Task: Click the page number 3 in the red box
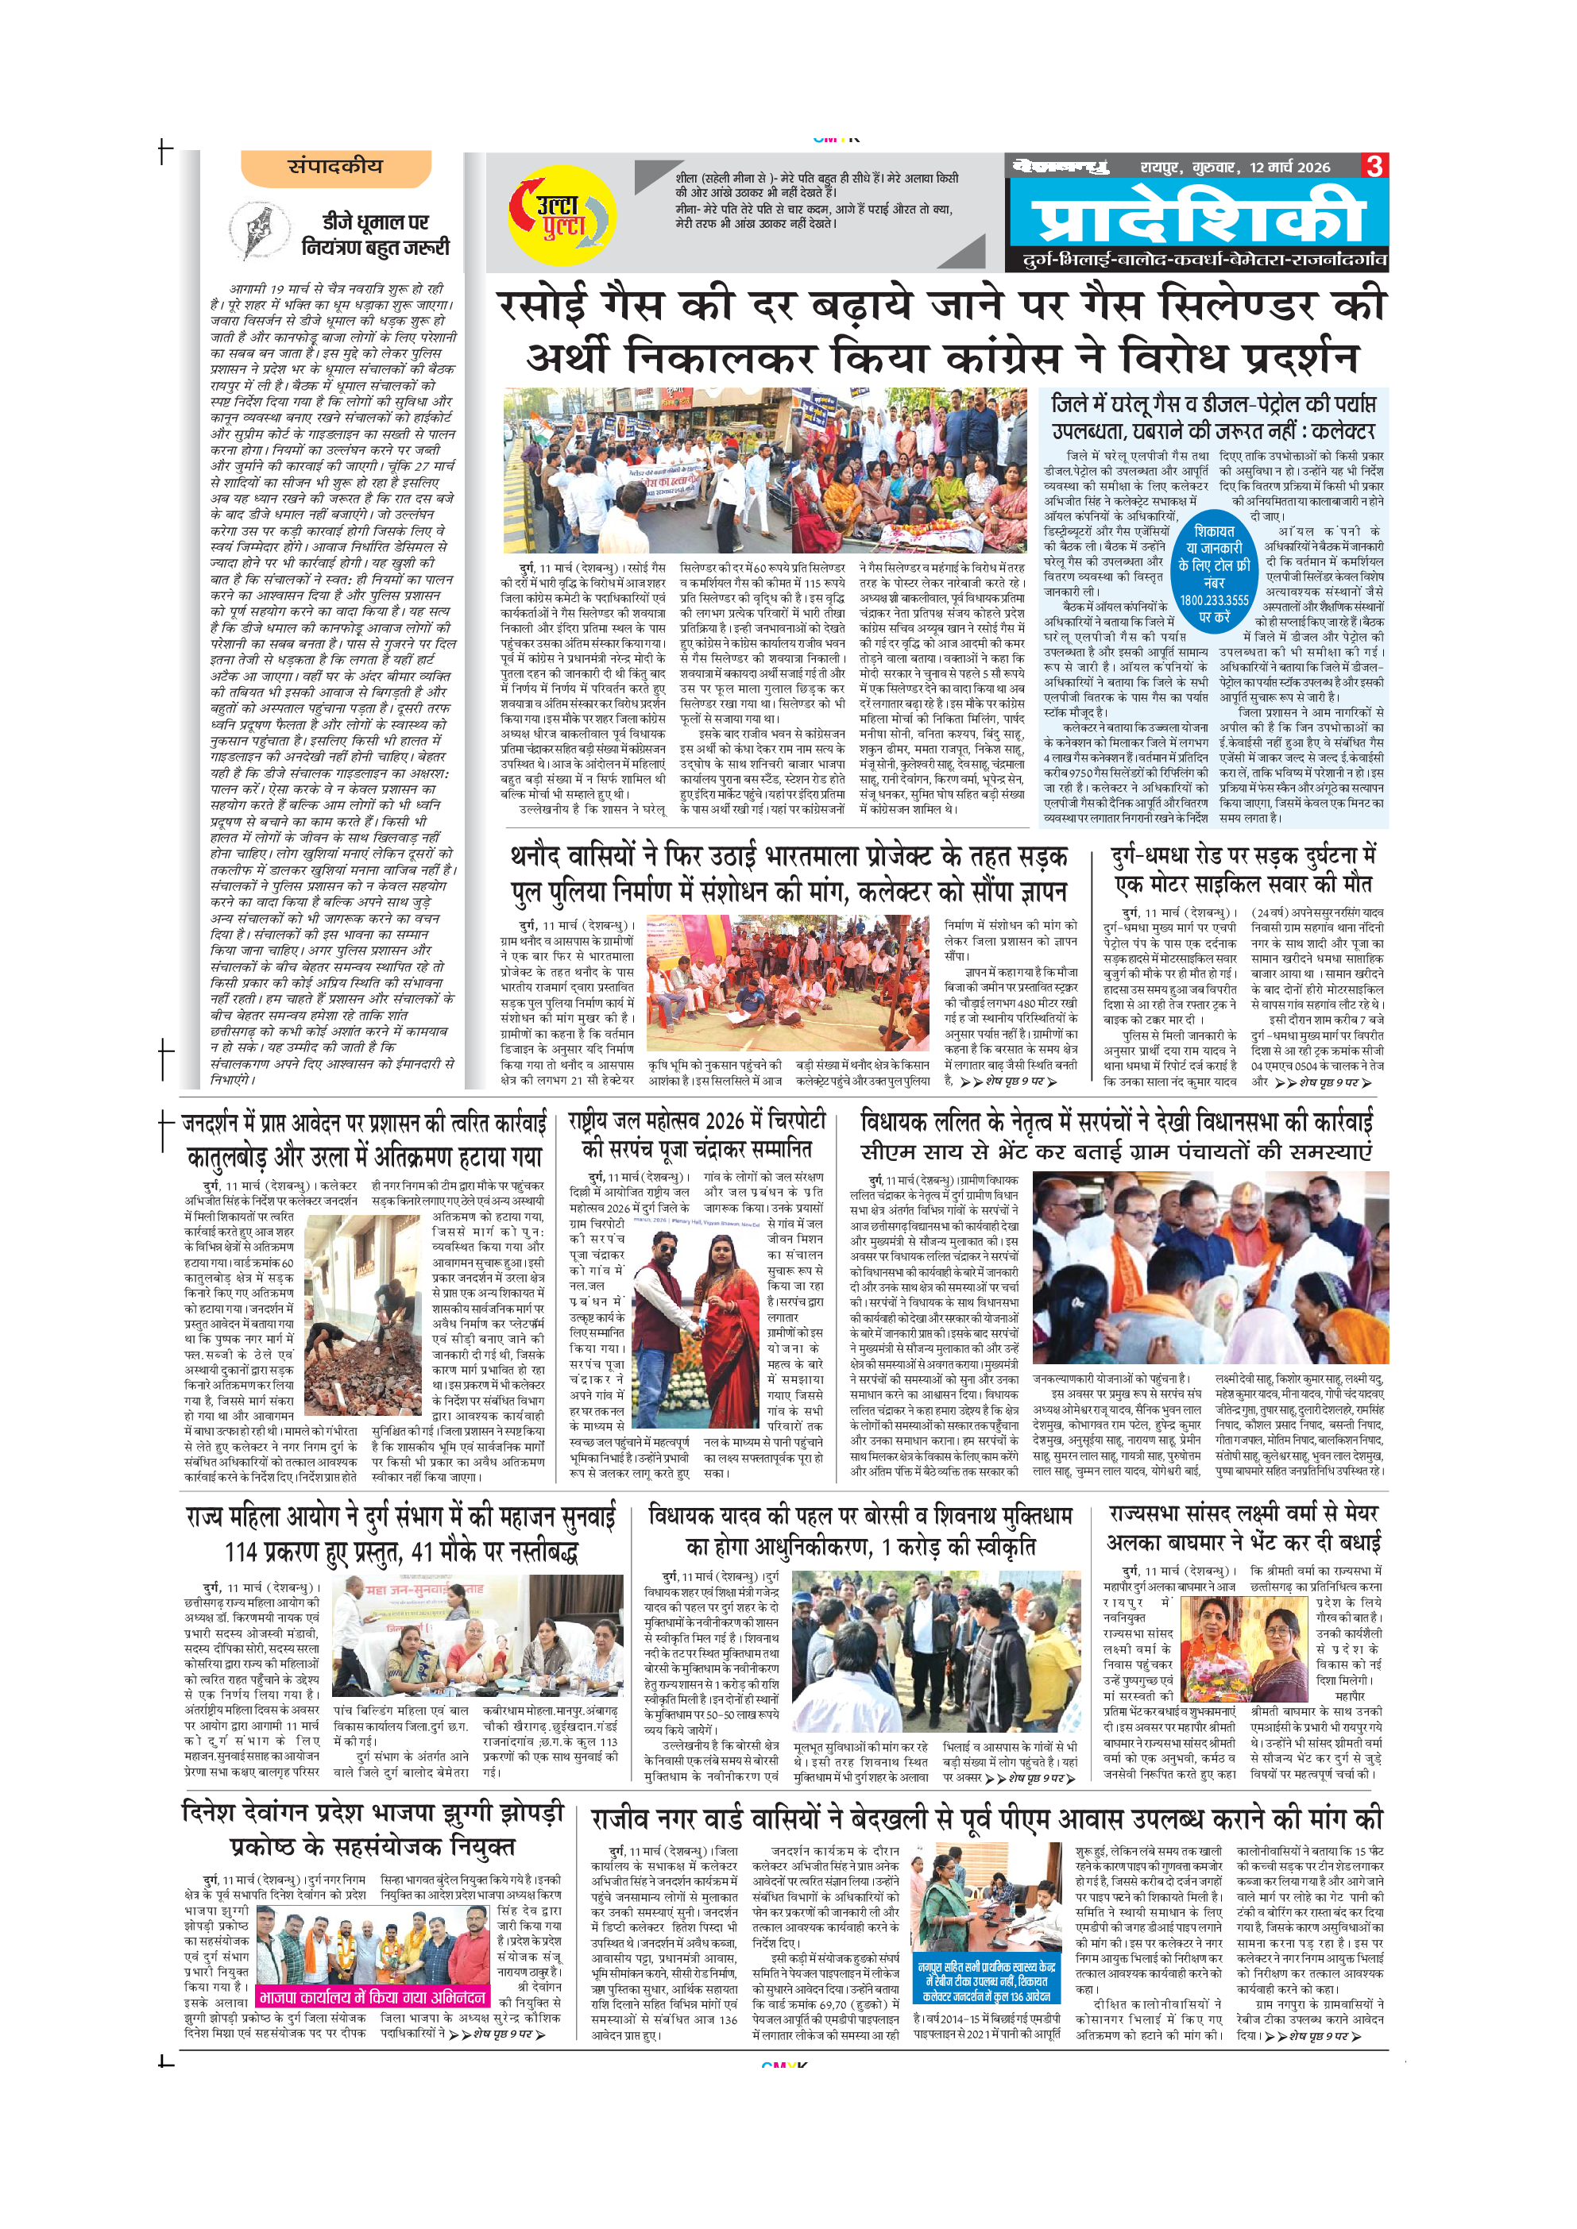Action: click(x=1374, y=166)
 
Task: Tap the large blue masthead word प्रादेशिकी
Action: click(x=1197, y=218)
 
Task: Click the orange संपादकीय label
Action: click(x=335, y=167)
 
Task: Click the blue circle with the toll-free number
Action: click(x=1214, y=573)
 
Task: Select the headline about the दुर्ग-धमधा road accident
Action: click(x=1245, y=870)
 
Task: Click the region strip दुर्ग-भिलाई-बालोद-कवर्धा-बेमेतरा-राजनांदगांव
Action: click(x=1204, y=260)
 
